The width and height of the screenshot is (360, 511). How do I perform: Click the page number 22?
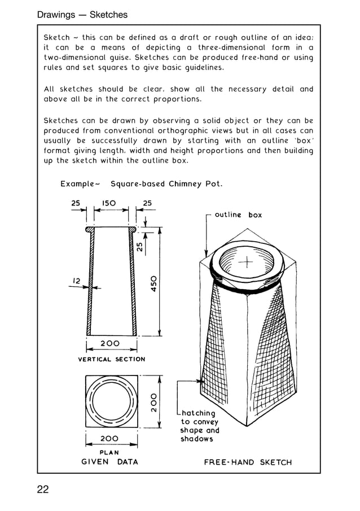43,490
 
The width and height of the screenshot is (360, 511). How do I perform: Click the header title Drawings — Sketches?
82,15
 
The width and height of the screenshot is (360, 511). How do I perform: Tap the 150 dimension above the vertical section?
109,203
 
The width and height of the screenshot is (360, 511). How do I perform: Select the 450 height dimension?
153,283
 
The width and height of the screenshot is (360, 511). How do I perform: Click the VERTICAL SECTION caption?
111,359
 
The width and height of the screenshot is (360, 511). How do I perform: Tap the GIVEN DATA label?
109,461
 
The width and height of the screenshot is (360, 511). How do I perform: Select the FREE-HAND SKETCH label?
248,462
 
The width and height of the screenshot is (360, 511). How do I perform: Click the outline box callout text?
238,215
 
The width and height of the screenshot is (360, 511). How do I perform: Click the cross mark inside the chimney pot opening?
247,262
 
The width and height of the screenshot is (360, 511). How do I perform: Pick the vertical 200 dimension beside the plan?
153,403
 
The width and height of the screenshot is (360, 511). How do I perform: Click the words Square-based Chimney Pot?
166,184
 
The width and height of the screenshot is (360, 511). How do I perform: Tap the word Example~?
80,184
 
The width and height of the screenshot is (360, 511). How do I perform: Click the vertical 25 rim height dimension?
139,246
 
